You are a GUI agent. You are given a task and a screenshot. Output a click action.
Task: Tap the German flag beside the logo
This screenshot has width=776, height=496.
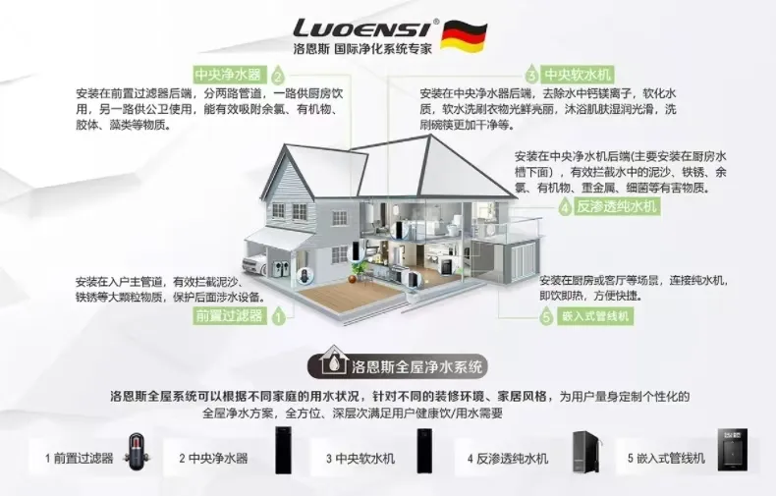(457, 34)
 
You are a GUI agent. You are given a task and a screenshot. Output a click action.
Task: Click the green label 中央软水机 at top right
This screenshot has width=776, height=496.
(579, 75)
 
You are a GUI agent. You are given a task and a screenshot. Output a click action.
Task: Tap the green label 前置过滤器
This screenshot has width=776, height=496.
(229, 315)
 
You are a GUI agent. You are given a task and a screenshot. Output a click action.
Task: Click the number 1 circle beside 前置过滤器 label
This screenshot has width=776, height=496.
(278, 316)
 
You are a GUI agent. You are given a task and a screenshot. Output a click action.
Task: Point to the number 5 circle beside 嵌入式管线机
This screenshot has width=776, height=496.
(546, 316)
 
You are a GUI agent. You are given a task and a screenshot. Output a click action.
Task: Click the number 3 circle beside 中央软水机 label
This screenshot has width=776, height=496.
(531, 75)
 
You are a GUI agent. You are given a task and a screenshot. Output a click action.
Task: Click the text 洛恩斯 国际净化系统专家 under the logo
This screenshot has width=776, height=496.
(362, 47)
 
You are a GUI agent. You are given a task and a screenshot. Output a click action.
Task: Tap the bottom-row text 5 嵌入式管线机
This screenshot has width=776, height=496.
(666, 459)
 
